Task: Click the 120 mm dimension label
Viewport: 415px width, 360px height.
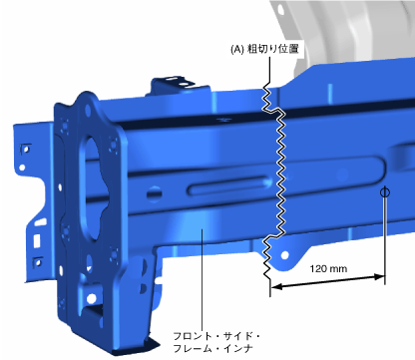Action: tap(328, 268)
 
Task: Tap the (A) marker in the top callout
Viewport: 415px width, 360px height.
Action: tap(237, 50)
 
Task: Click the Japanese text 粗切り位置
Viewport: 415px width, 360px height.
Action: tap(272, 49)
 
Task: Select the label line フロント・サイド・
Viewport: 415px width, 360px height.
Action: tap(216, 336)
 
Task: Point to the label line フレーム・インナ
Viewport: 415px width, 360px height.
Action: tap(213, 349)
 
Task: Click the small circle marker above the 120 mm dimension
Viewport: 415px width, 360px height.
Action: tap(385, 192)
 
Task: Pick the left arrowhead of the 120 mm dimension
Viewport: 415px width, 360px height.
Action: tap(276, 286)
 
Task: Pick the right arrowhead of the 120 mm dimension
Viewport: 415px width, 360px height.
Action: tap(379, 276)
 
